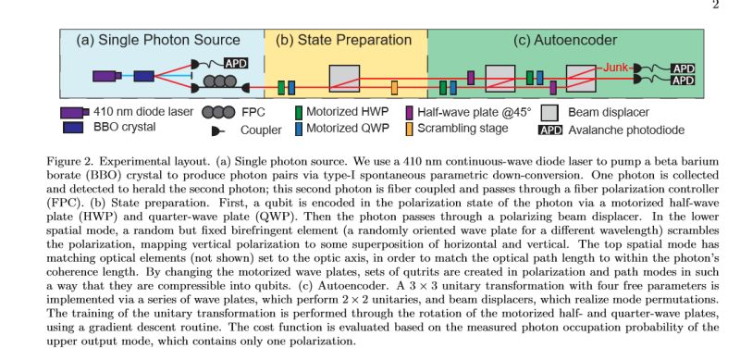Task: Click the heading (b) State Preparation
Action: click(346, 40)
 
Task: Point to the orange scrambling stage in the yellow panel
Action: click(395, 87)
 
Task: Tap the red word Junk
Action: click(617, 67)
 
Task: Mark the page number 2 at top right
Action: click(714, 6)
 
